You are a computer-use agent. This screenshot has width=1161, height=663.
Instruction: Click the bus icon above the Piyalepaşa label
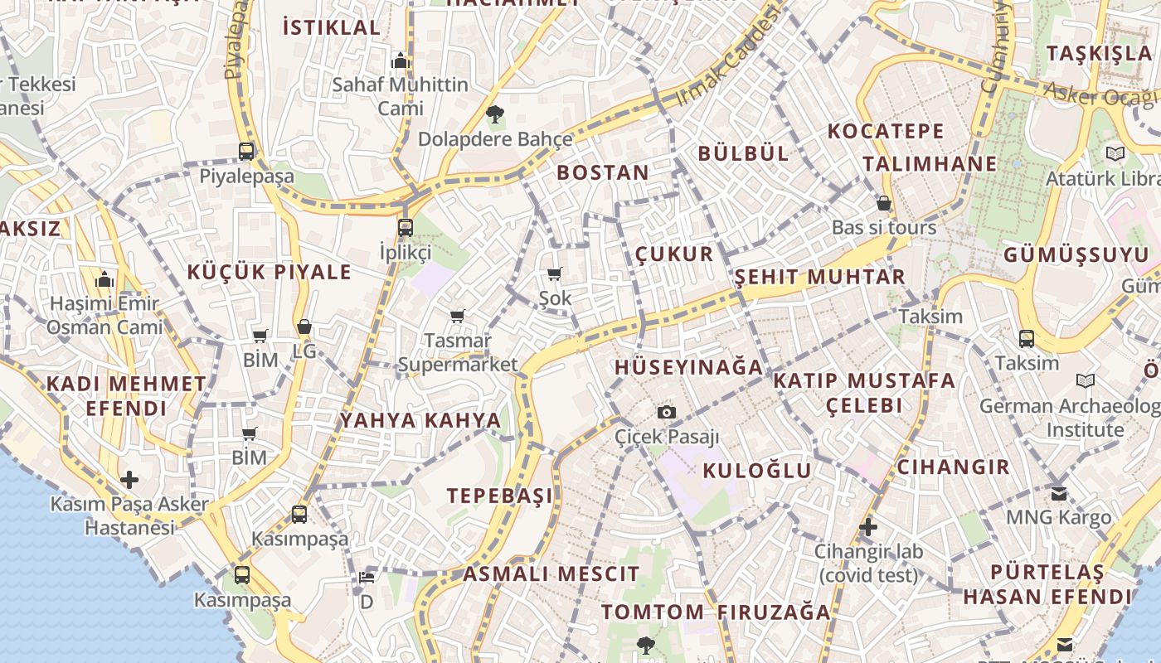coord(246,152)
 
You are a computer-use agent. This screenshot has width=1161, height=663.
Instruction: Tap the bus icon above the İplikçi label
coord(405,227)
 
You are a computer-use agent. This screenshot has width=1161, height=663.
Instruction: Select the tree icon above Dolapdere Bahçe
coord(495,114)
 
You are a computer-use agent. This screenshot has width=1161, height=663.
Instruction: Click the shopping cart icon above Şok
coord(555,273)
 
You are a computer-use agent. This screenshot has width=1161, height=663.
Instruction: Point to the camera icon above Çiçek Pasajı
coord(666,412)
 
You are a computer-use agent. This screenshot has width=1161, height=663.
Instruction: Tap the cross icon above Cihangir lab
coord(868,527)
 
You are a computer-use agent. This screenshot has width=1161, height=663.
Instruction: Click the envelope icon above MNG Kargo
coord(1059,494)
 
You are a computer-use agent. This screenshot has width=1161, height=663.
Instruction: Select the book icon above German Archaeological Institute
coord(1085,381)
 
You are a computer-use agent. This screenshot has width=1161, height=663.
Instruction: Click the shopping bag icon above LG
coord(304,327)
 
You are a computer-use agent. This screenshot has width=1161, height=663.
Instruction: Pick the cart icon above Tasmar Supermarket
coord(457,316)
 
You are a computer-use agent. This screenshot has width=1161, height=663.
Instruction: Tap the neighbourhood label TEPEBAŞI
coord(499,496)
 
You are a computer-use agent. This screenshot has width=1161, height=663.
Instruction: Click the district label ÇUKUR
coord(674,254)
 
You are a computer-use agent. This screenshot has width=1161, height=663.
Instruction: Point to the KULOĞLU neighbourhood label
coord(757,471)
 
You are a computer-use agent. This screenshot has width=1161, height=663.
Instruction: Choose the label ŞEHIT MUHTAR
coord(820,277)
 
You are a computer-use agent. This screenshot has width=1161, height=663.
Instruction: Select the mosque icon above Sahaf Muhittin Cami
coord(401,60)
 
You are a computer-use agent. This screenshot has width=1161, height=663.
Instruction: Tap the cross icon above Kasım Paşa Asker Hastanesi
coord(129,480)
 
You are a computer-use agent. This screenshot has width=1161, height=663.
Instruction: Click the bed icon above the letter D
coord(367,577)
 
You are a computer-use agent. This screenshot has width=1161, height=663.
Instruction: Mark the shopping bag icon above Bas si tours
coord(884,203)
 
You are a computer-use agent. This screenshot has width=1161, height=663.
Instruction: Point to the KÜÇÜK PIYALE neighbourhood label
coord(269,272)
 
